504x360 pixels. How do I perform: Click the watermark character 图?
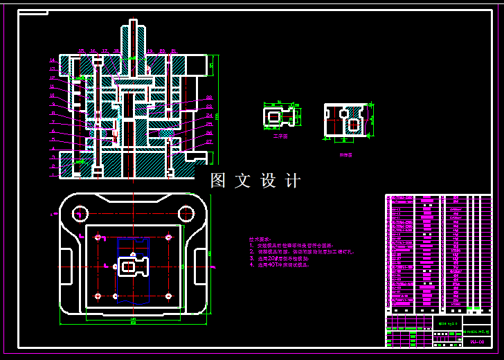(219, 181)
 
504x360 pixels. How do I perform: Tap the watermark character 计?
(293, 181)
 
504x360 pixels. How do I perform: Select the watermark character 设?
(269, 181)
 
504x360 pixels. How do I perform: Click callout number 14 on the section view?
(52, 60)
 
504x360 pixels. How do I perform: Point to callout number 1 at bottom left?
(52, 174)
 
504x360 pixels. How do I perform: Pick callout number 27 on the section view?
(209, 142)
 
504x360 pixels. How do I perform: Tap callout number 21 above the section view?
(173, 51)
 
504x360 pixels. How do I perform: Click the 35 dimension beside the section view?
(211, 66)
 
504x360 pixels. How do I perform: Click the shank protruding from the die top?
(134, 38)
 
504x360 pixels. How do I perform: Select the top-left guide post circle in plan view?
(80, 213)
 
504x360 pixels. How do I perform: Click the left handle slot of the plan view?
(66, 265)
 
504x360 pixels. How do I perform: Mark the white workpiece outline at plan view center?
(132, 266)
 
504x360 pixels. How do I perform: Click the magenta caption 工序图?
(280, 136)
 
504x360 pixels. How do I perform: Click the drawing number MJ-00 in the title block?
(477, 341)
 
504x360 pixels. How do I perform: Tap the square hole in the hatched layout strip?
(354, 125)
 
